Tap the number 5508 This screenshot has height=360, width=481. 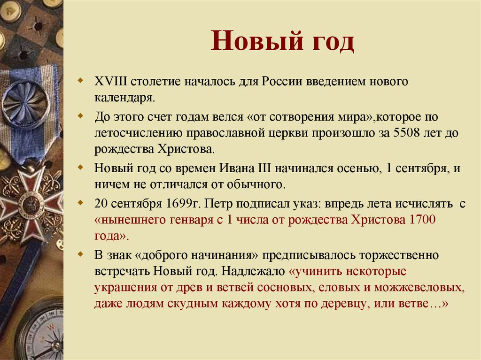click(401, 132)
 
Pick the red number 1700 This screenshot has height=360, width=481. click(423, 219)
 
